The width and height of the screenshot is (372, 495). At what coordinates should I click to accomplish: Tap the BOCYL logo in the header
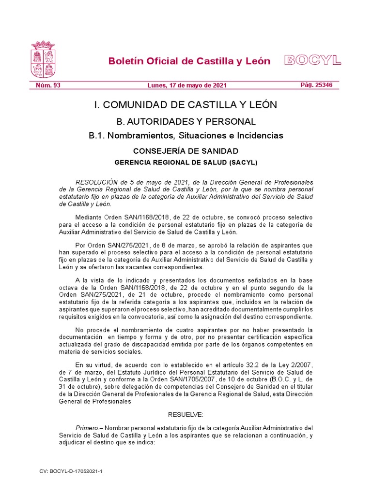313,60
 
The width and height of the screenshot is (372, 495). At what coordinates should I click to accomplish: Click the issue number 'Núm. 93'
48,86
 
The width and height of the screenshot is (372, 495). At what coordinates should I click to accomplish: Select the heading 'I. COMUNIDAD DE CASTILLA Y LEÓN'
186,105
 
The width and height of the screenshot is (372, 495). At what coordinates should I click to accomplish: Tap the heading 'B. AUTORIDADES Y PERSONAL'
186,121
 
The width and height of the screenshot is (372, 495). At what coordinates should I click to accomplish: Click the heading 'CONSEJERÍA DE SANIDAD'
186,151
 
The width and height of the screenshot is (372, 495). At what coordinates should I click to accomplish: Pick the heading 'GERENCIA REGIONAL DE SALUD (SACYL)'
186,162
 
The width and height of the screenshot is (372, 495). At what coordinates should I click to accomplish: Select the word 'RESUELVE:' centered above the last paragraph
186,415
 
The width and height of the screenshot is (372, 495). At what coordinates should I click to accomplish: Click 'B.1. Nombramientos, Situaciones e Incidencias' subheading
186,136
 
